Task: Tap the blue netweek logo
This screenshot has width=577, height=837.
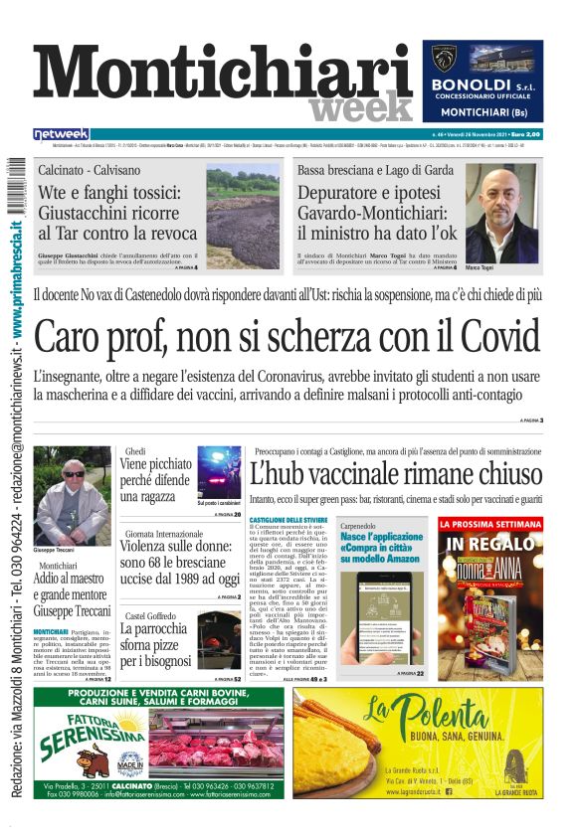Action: pyautogui.click(x=61, y=134)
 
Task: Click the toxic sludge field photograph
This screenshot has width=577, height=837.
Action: pyautogui.click(x=243, y=216)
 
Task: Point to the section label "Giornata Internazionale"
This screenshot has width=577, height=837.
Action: pyautogui.click(x=164, y=533)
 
